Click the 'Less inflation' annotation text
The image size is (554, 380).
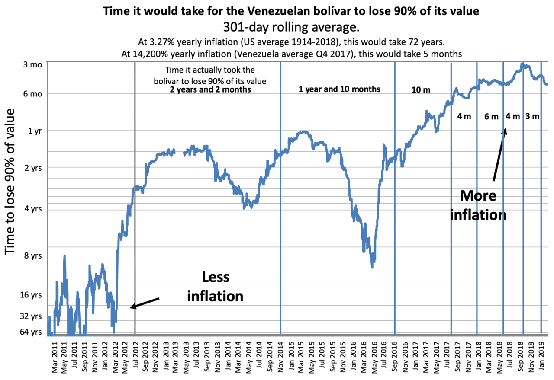[215, 287]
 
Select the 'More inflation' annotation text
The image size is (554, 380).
[478, 205]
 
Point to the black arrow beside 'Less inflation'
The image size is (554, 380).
[145, 303]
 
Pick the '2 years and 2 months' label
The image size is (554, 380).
[210, 90]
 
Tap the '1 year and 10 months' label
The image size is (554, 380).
[339, 89]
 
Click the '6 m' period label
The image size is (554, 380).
[492, 117]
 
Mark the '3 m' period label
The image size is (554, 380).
[532, 116]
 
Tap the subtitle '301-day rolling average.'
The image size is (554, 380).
[291, 27]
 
